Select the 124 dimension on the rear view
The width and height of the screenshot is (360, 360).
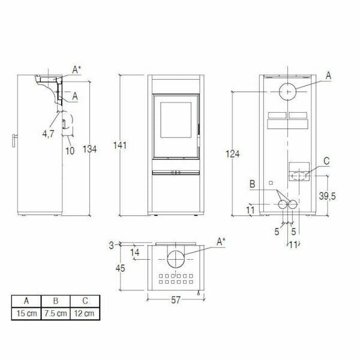click(x=234, y=155)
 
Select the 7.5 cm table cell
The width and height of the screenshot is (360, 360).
click(x=55, y=314)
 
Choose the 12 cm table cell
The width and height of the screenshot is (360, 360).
click(x=83, y=314)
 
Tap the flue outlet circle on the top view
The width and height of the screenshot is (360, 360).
click(x=176, y=259)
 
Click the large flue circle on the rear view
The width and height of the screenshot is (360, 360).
click(x=287, y=91)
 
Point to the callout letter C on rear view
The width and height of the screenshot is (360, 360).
click(x=326, y=161)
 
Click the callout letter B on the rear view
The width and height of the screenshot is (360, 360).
click(x=253, y=183)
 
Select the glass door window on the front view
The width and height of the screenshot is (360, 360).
click(x=175, y=124)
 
